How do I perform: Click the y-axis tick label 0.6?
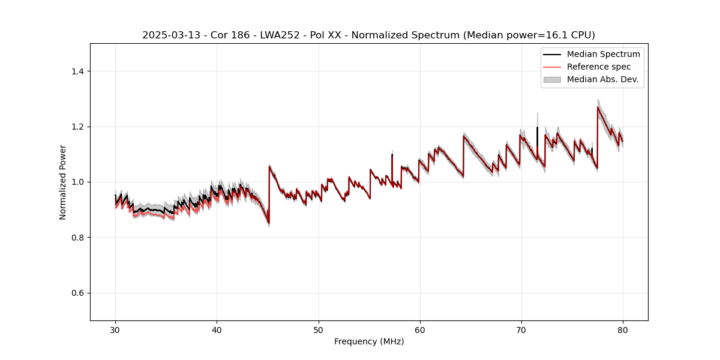pos(77,293)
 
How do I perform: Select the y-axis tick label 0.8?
pos(77,238)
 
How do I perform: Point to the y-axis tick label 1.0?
pos(77,182)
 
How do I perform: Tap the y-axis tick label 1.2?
pos(77,127)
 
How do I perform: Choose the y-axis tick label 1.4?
pos(77,71)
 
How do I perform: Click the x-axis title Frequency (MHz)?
pos(369,341)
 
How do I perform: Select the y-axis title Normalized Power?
pos(63,182)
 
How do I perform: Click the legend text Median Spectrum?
pos(603,54)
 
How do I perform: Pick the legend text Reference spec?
pos(599,67)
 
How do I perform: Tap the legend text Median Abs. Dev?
pos(602,79)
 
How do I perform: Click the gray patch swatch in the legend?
pos(551,79)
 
